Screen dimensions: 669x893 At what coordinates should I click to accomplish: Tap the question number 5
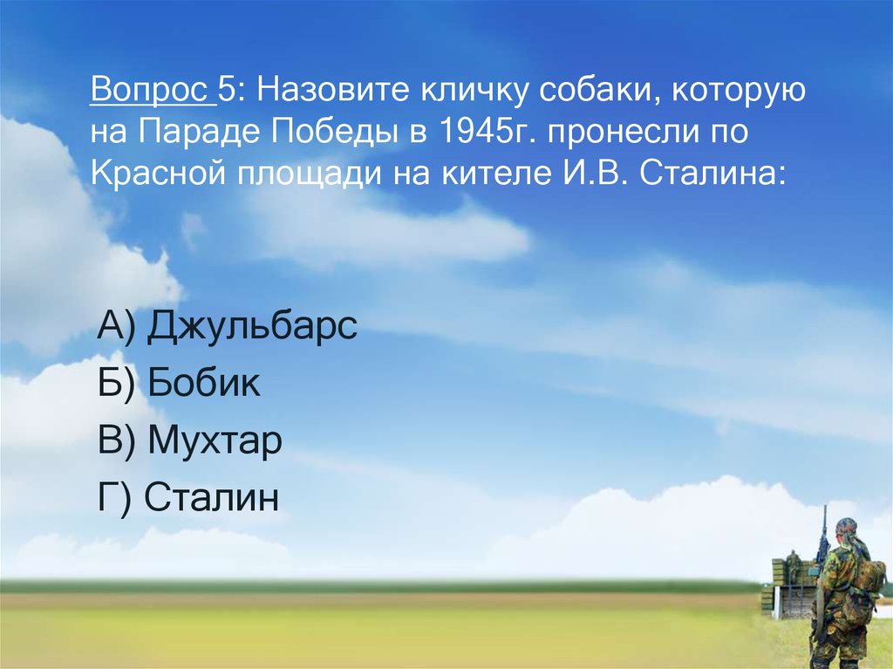(x=228, y=89)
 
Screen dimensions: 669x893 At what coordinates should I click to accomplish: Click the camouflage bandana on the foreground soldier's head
(x=846, y=528)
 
